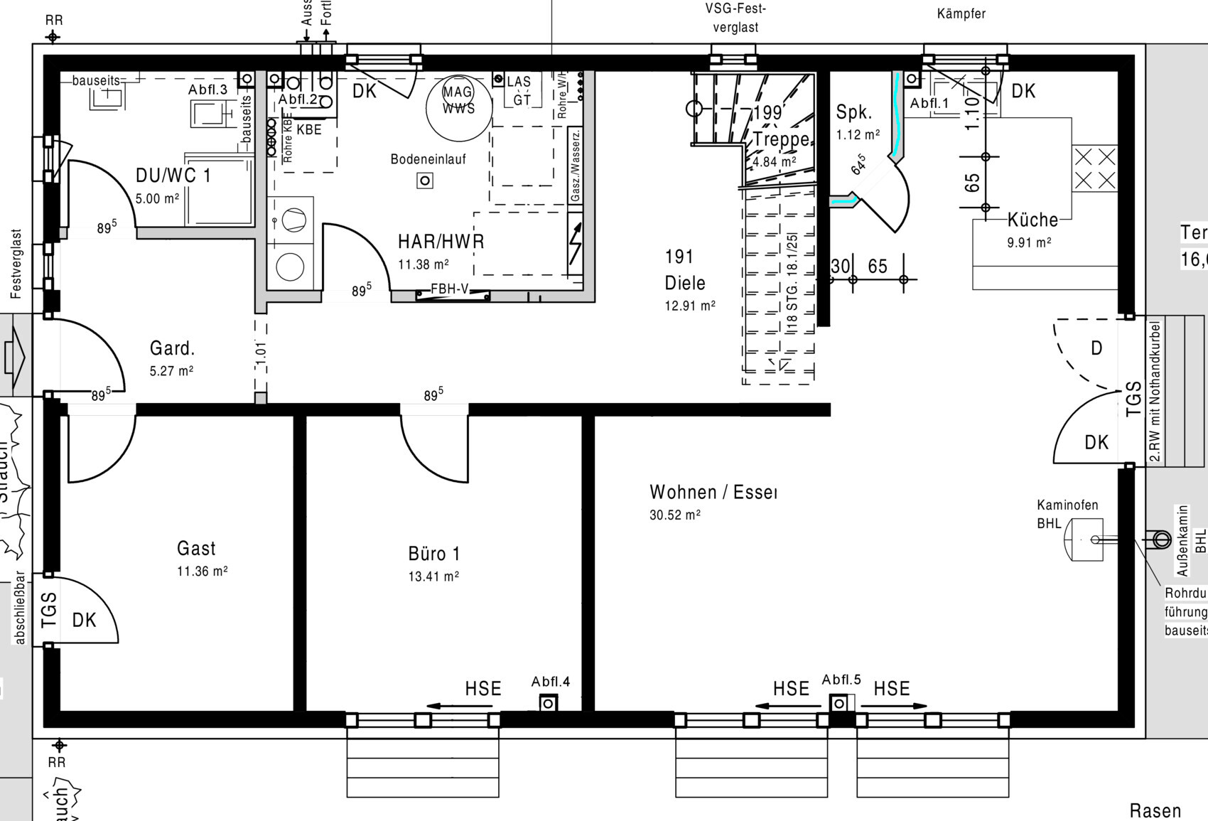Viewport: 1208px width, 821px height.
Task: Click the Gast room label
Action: (196, 549)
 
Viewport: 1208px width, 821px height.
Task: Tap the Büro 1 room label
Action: (433, 554)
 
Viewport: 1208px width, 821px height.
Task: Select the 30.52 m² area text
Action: (674, 515)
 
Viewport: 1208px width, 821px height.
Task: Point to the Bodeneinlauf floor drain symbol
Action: (425, 181)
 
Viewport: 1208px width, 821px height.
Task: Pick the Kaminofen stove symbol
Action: (1083, 540)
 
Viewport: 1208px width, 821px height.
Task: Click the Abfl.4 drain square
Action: (548, 704)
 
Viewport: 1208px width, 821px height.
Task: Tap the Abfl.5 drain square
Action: (839, 704)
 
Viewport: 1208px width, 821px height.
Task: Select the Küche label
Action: (1032, 220)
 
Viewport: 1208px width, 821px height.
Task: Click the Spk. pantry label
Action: (853, 112)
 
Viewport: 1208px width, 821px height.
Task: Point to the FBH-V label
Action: (451, 290)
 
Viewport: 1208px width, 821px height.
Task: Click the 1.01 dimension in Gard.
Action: (261, 354)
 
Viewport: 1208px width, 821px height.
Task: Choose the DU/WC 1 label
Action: (173, 176)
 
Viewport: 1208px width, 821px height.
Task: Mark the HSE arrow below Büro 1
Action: (459, 707)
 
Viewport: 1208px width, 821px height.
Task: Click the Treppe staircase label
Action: (782, 139)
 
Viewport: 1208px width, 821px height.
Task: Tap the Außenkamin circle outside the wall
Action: (1161, 540)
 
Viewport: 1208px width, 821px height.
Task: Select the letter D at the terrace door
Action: (1096, 348)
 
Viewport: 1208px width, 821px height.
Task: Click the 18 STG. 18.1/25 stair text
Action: (792, 282)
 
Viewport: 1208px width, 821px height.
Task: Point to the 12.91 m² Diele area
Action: (689, 307)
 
